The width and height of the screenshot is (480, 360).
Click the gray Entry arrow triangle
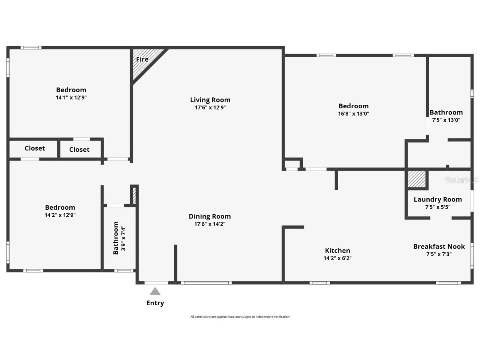pyautogui.click(x=155, y=291)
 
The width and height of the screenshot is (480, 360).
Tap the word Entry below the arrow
pyautogui.click(x=155, y=303)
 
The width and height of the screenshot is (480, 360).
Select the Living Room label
pyautogui.click(x=210, y=100)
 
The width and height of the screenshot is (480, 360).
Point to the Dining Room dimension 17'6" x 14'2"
pyautogui.click(x=210, y=224)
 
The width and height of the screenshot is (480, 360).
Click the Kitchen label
pyautogui.click(x=337, y=251)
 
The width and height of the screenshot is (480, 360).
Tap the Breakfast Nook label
pyautogui.click(x=439, y=247)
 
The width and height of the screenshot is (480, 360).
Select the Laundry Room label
pyautogui.click(x=438, y=200)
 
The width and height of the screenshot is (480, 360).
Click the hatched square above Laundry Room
pyautogui.click(x=417, y=179)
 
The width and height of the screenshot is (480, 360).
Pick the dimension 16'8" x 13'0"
pyautogui.click(x=353, y=114)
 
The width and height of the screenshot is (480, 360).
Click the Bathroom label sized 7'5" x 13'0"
pyautogui.click(x=446, y=113)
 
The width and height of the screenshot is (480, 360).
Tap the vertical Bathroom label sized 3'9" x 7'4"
pyautogui.click(x=116, y=238)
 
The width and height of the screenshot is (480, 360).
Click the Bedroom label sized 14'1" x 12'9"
pyautogui.click(x=71, y=90)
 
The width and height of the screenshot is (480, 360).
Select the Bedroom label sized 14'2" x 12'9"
pyautogui.click(x=60, y=208)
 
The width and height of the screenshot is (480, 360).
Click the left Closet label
pyautogui.click(x=35, y=148)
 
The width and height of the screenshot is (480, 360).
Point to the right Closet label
pyautogui.click(x=79, y=150)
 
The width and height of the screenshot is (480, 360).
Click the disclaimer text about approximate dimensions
pyautogui.click(x=240, y=317)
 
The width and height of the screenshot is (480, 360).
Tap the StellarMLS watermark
pyautogui.click(x=461, y=180)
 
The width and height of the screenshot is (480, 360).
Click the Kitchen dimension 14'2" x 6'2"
pyautogui.click(x=337, y=258)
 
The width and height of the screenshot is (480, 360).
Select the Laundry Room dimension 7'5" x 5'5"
pyautogui.click(x=438, y=207)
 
